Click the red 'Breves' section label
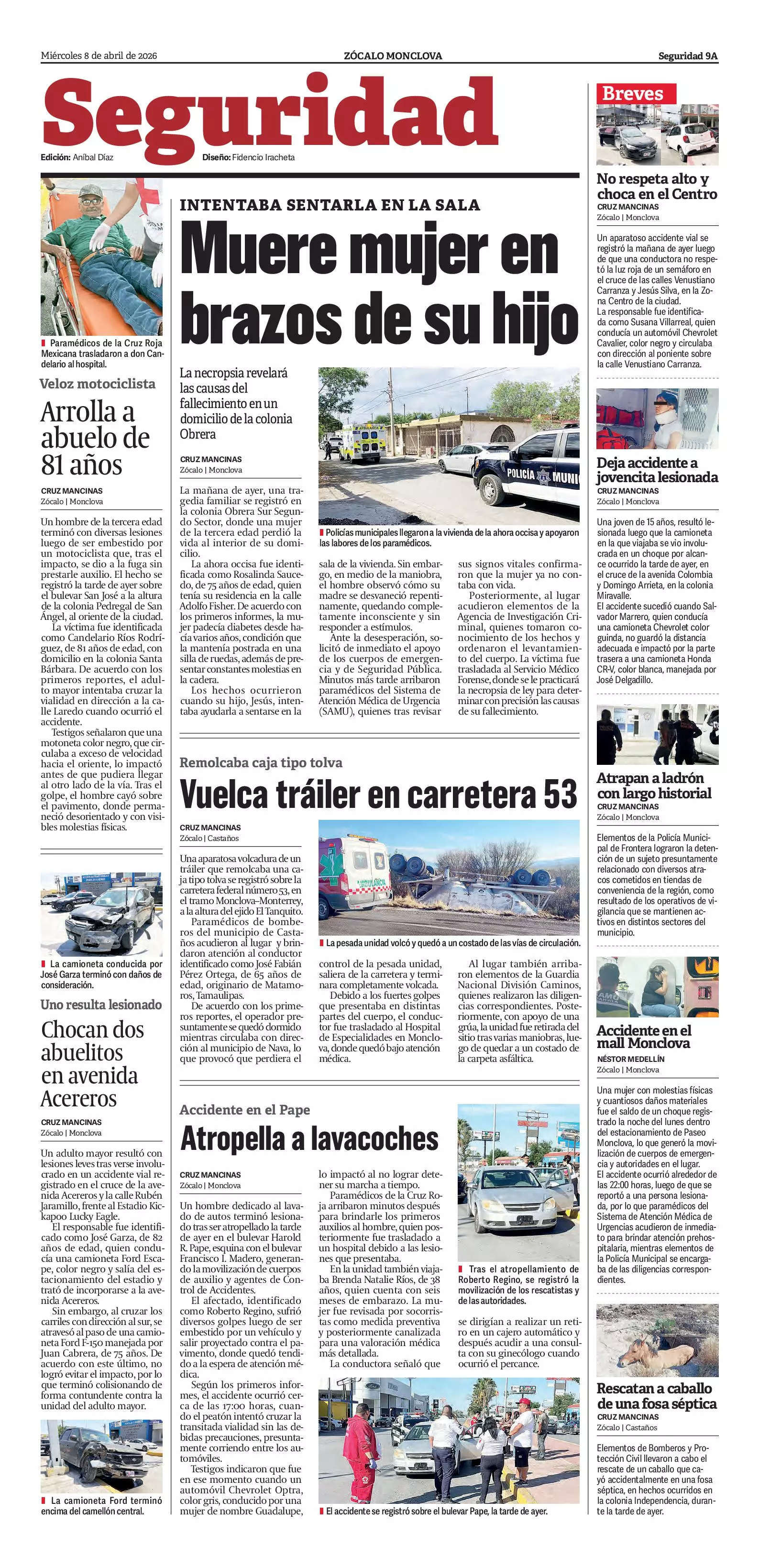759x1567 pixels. [632, 93]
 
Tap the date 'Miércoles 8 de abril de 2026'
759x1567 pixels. [99, 56]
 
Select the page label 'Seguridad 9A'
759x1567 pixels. [687, 56]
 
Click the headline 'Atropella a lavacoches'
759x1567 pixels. [309, 1139]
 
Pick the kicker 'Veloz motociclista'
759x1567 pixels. [97, 384]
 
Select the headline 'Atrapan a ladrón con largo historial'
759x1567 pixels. [654, 785]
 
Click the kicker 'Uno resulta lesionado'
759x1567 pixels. [101, 1004]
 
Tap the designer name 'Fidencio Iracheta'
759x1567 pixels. [264, 157]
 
